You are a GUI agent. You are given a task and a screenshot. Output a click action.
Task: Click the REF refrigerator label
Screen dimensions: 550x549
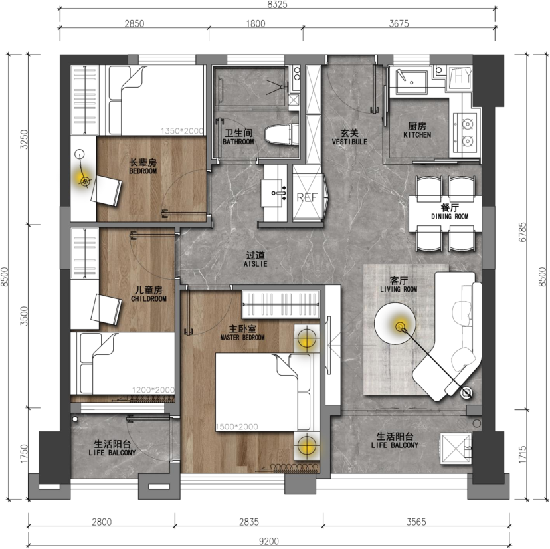(307, 197)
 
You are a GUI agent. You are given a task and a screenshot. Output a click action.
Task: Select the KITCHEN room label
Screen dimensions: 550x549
(417, 135)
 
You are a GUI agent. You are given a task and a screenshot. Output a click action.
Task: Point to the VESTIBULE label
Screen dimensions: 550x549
(349, 142)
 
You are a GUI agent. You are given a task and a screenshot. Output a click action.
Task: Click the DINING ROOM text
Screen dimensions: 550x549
(450, 216)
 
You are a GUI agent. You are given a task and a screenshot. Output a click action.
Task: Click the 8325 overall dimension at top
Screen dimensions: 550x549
(277, 4)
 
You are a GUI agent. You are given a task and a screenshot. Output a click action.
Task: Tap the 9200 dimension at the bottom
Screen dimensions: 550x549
(268, 541)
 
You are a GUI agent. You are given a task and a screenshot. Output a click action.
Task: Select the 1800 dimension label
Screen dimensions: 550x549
(256, 24)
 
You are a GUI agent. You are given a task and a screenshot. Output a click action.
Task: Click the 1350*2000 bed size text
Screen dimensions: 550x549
(182, 131)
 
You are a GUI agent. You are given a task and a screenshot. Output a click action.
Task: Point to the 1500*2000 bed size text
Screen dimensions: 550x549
(236, 427)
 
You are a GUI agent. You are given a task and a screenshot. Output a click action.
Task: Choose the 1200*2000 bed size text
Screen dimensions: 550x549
(153, 390)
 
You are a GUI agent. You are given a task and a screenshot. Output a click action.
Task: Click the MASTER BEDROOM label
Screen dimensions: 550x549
(242, 338)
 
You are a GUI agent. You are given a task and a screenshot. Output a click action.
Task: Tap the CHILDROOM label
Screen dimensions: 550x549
(149, 298)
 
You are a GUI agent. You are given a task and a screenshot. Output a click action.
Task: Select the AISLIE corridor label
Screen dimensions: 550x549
(255, 264)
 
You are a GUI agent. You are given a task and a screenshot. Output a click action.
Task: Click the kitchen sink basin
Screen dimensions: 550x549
(411, 82)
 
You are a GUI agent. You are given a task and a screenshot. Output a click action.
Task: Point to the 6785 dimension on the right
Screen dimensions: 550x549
(523, 232)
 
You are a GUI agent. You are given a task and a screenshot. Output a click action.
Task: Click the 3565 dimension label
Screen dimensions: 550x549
(416, 522)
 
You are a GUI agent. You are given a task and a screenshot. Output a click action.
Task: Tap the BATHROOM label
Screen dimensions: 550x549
(238, 142)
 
